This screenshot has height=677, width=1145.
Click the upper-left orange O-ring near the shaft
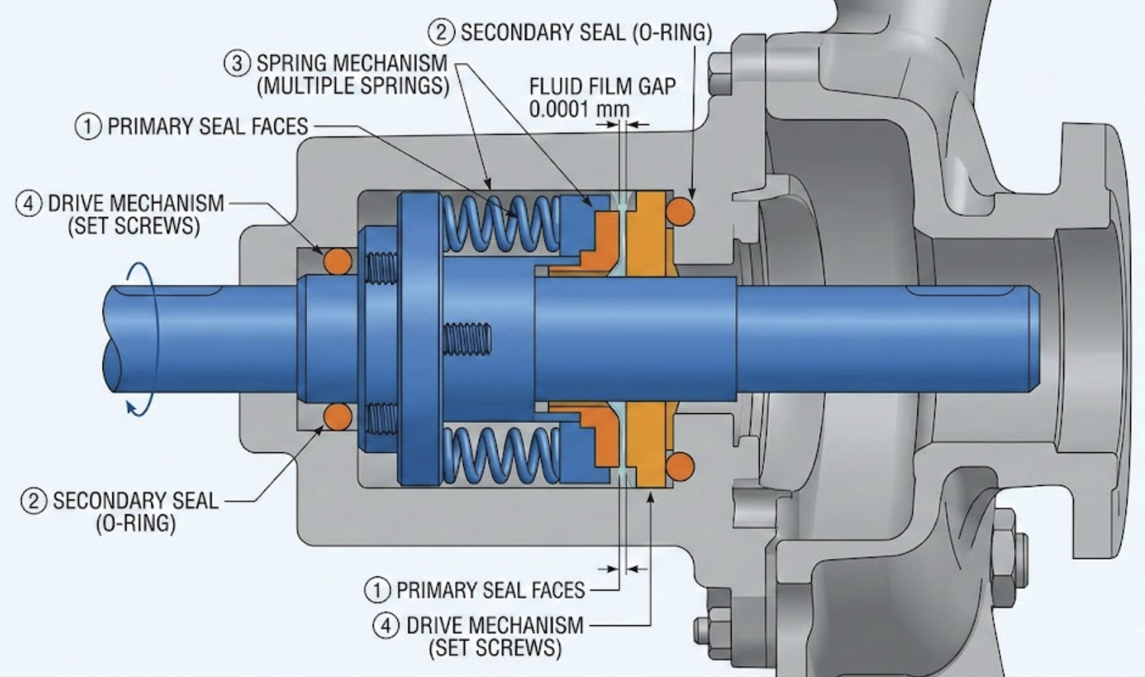[338, 261]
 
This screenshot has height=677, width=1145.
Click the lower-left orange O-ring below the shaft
[338, 417]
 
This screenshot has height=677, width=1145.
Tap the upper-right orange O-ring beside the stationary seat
[681, 211]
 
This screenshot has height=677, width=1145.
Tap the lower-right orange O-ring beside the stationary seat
[681, 465]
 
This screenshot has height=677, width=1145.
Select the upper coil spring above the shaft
[500, 223]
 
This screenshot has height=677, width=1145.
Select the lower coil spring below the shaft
[500, 455]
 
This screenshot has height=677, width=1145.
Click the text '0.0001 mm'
[579, 110]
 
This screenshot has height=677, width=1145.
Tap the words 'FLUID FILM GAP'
[602, 87]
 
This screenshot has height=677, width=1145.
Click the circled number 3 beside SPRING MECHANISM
[237, 63]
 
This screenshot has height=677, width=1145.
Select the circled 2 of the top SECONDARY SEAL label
[441, 32]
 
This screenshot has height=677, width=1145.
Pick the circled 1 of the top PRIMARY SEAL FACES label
[88, 126]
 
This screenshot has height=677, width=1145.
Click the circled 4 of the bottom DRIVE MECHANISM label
[386, 625]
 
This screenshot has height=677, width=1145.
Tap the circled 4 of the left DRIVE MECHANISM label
[29, 204]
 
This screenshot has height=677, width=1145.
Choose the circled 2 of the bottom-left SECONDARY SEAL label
[34, 500]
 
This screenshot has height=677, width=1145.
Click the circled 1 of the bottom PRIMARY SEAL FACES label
[377, 590]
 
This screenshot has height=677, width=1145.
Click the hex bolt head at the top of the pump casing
[719, 73]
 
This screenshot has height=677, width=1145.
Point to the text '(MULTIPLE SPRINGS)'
[353, 85]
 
